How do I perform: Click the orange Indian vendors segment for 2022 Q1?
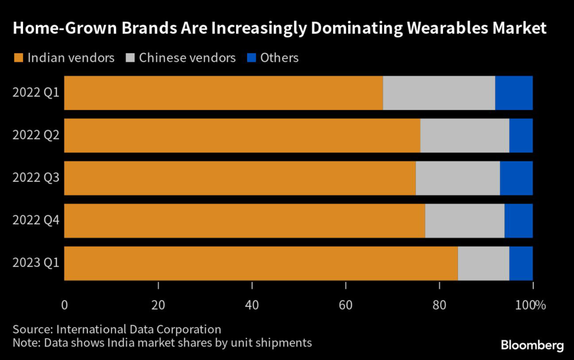(x=224, y=93)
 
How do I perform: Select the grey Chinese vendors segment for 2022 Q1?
(x=439, y=93)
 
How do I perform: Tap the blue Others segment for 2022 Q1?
(x=513, y=93)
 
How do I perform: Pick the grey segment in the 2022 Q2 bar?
(x=465, y=135)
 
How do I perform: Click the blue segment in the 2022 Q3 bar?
(x=516, y=178)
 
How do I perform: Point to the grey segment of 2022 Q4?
(x=465, y=220)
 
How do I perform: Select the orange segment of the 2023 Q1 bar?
(x=261, y=263)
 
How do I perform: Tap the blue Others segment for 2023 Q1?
(x=521, y=263)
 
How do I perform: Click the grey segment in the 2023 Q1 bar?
(x=483, y=263)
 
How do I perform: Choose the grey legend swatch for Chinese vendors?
(x=129, y=58)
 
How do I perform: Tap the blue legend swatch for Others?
(x=251, y=58)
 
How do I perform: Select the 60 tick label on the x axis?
(x=346, y=306)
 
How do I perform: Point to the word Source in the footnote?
(x=30, y=329)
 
